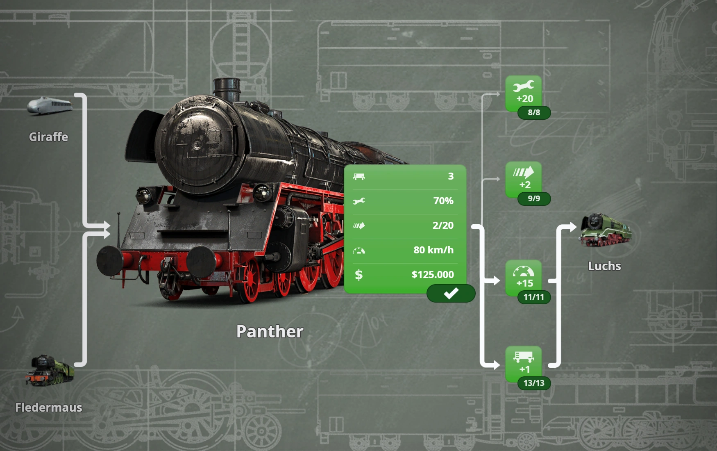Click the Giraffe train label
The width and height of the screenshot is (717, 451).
[x=48, y=137]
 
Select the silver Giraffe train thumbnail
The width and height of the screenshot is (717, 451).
[x=50, y=106]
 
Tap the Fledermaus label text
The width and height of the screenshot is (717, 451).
[x=48, y=408]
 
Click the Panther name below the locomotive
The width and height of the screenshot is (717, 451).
[x=270, y=332]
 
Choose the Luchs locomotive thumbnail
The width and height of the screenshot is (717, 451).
[x=606, y=230]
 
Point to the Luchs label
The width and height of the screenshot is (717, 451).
[x=604, y=266]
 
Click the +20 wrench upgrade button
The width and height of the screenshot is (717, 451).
[x=524, y=92]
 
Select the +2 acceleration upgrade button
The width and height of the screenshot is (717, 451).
[x=524, y=178]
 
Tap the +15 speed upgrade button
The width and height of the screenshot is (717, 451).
[x=524, y=276]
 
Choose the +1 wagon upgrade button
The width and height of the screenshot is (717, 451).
[x=524, y=362]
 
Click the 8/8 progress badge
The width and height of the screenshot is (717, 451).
[x=534, y=112]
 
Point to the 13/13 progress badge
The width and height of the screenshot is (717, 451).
[x=534, y=383]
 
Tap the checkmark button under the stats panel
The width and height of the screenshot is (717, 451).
[x=451, y=294]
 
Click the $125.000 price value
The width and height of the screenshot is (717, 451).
[x=433, y=275]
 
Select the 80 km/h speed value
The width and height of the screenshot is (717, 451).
[x=433, y=250]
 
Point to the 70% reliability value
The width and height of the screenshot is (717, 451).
[x=443, y=201]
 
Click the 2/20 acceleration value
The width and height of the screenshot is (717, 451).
[x=443, y=225]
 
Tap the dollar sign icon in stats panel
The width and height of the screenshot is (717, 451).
[x=358, y=275]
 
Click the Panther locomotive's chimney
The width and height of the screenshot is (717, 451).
[x=226, y=88]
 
